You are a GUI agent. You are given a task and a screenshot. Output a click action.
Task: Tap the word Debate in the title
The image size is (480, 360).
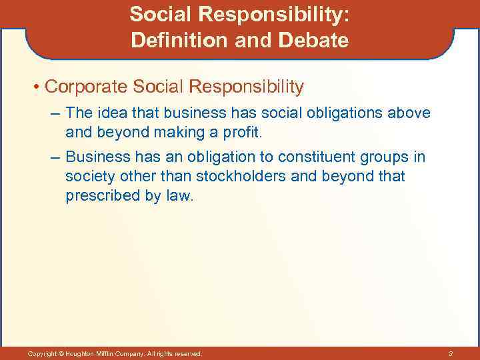317,41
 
